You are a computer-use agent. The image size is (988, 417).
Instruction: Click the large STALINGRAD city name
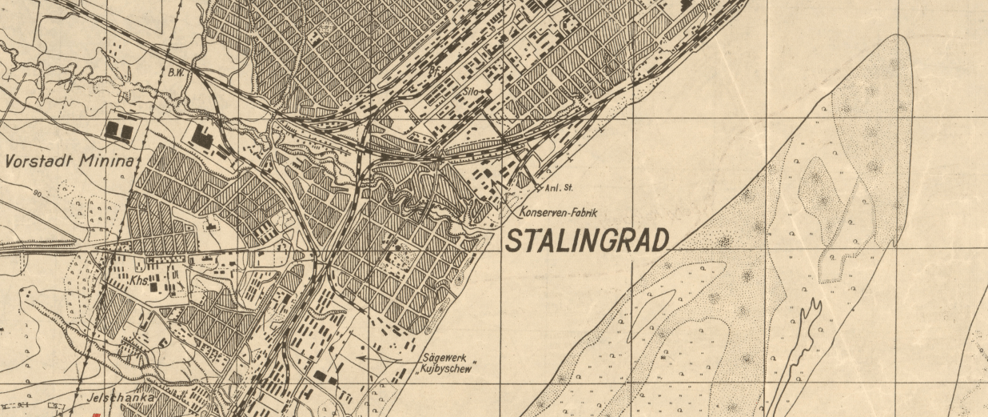point(588,240)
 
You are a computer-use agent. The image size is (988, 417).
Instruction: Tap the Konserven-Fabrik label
point(558,213)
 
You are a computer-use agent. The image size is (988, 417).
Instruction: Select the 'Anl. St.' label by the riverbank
point(560,189)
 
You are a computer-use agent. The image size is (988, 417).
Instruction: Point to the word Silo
point(472,92)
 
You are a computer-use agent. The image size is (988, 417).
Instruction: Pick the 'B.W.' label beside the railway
point(176,73)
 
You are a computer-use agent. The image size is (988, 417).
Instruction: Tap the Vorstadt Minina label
point(68,161)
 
